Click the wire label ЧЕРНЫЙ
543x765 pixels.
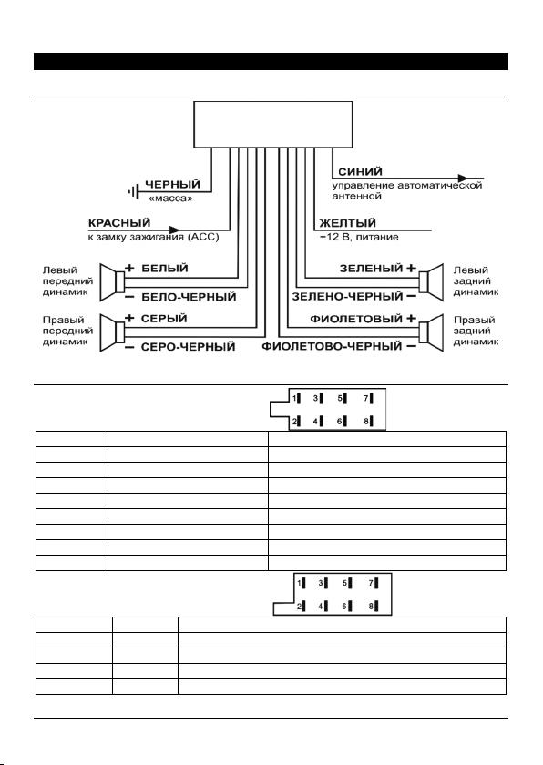click(173, 184)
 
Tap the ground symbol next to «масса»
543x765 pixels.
click(133, 192)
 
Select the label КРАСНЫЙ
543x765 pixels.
click(119, 223)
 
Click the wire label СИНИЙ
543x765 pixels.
click(360, 172)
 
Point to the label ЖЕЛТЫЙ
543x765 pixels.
click(347, 223)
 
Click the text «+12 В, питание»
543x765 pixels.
click(359, 237)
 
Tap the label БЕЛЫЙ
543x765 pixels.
click(164, 269)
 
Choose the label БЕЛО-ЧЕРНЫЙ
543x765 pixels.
click(189, 297)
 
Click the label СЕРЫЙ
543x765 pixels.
click(164, 319)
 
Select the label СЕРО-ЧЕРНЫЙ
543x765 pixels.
click(188, 347)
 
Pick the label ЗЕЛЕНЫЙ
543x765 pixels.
click(372, 269)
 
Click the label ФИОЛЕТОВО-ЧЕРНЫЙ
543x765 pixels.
click(332, 346)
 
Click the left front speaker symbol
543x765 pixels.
click(112, 282)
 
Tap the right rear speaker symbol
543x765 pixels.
click(431, 332)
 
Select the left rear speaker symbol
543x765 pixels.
click(431, 282)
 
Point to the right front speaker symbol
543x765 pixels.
click(112, 332)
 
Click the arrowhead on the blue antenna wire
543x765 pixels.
click(463, 178)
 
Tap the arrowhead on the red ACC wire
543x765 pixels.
click(174, 229)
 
